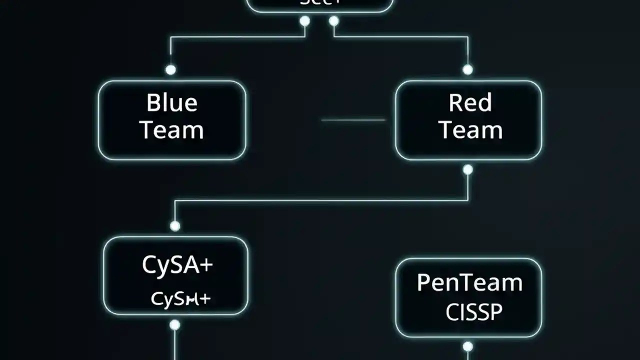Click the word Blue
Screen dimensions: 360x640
(172, 103)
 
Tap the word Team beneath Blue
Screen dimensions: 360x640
(172, 130)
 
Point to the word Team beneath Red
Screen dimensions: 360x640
(470, 130)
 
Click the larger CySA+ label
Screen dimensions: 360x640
(177, 264)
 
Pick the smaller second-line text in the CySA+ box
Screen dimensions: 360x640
(180, 299)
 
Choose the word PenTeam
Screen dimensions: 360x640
(469, 283)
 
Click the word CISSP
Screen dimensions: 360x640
(473, 312)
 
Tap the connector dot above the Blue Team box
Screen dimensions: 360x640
(171, 69)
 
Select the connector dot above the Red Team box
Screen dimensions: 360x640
(467, 69)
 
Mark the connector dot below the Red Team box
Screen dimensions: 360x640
(467, 170)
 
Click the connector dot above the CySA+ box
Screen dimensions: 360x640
(175, 226)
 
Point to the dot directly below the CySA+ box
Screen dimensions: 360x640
(174, 325)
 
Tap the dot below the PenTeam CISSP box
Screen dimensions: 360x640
(467, 346)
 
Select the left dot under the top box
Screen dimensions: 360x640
(304, 21)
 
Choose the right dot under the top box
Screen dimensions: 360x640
(334, 21)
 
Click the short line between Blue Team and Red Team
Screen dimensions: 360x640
(353, 120)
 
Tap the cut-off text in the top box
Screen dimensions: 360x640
(319, 2)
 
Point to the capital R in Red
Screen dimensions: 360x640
(455, 103)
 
